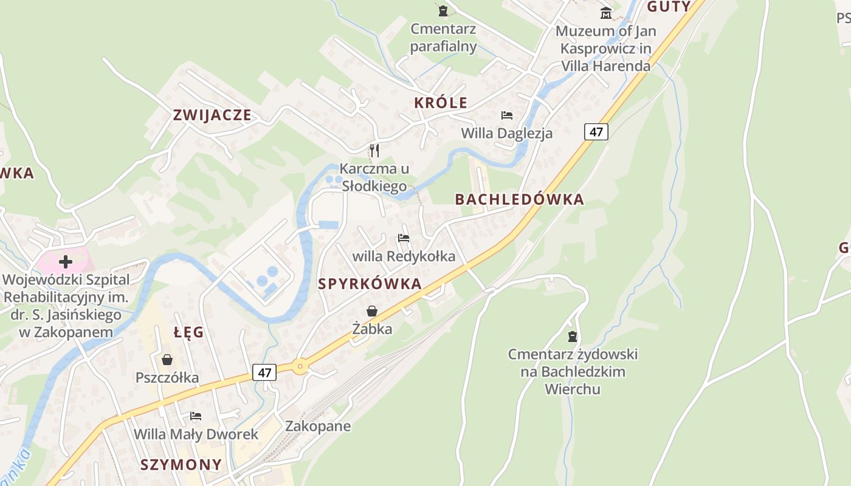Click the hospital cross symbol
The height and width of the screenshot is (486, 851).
(66, 262)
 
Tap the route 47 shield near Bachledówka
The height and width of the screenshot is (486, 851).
(596, 132)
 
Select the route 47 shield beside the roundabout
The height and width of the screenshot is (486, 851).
(264, 372)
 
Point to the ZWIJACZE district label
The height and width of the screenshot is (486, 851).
(212, 115)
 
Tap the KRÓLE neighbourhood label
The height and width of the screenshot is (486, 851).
(441, 103)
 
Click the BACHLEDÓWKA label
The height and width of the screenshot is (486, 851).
(519, 199)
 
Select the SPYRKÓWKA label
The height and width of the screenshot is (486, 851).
(370, 284)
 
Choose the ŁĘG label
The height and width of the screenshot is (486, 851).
(188, 332)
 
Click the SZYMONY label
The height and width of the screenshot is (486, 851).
(181, 465)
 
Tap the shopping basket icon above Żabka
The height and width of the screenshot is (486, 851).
(372, 311)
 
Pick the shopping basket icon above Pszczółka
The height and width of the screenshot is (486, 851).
(167, 360)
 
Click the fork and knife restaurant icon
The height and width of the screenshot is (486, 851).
(374, 150)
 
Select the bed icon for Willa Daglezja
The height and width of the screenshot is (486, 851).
(507, 115)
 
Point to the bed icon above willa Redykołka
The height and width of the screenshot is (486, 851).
(404, 238)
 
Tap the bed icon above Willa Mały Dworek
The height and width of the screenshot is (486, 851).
(196, 416)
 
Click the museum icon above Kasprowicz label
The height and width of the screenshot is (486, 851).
(606, 12)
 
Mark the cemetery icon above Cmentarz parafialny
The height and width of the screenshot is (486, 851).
(443, 10)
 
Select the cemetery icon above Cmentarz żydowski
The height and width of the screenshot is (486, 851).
(572, 336)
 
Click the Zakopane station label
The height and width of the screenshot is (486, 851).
(318, 426)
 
